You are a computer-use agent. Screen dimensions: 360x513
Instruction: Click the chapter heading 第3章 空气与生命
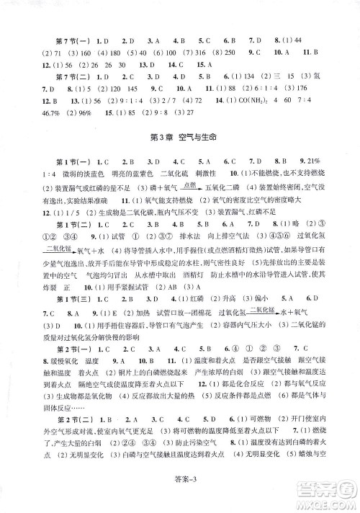(x=179, y=138)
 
